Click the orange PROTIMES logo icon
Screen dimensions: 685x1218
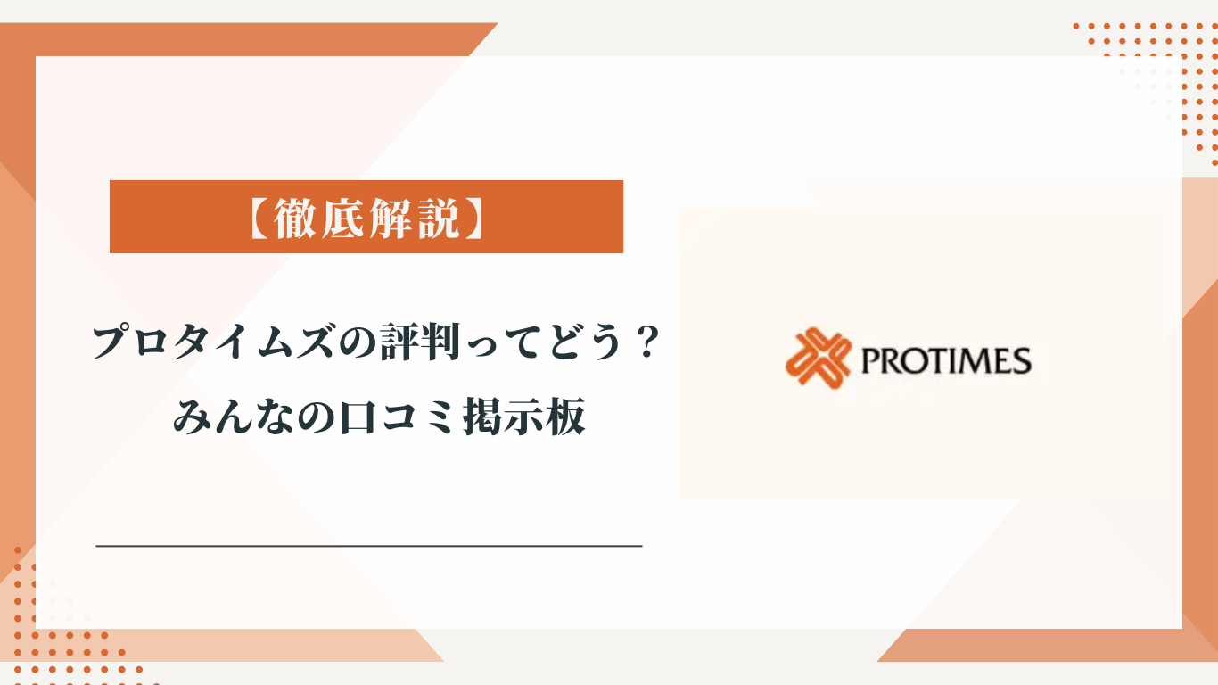point(814,359)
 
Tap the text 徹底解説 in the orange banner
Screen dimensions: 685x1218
point(366,217)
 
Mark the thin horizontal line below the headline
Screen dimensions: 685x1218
point(368,544)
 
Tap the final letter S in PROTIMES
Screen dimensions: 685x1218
point(1022,362)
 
